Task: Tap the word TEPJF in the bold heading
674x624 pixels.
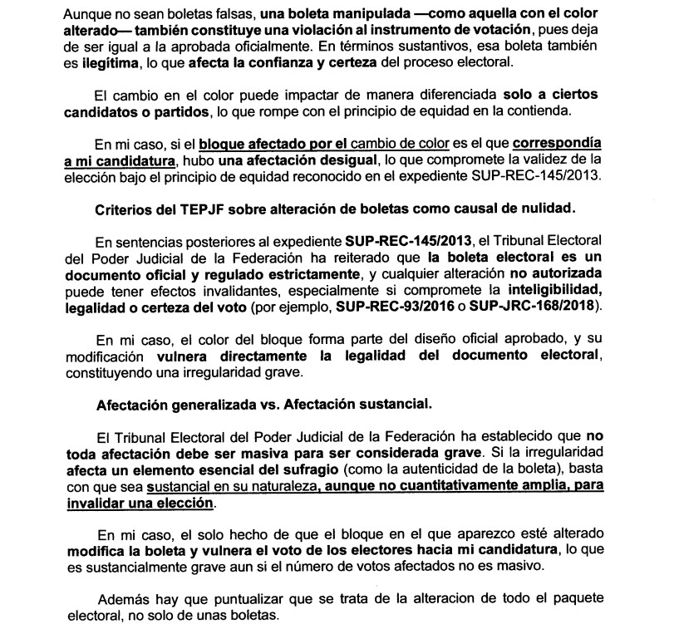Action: click(184, 206)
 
